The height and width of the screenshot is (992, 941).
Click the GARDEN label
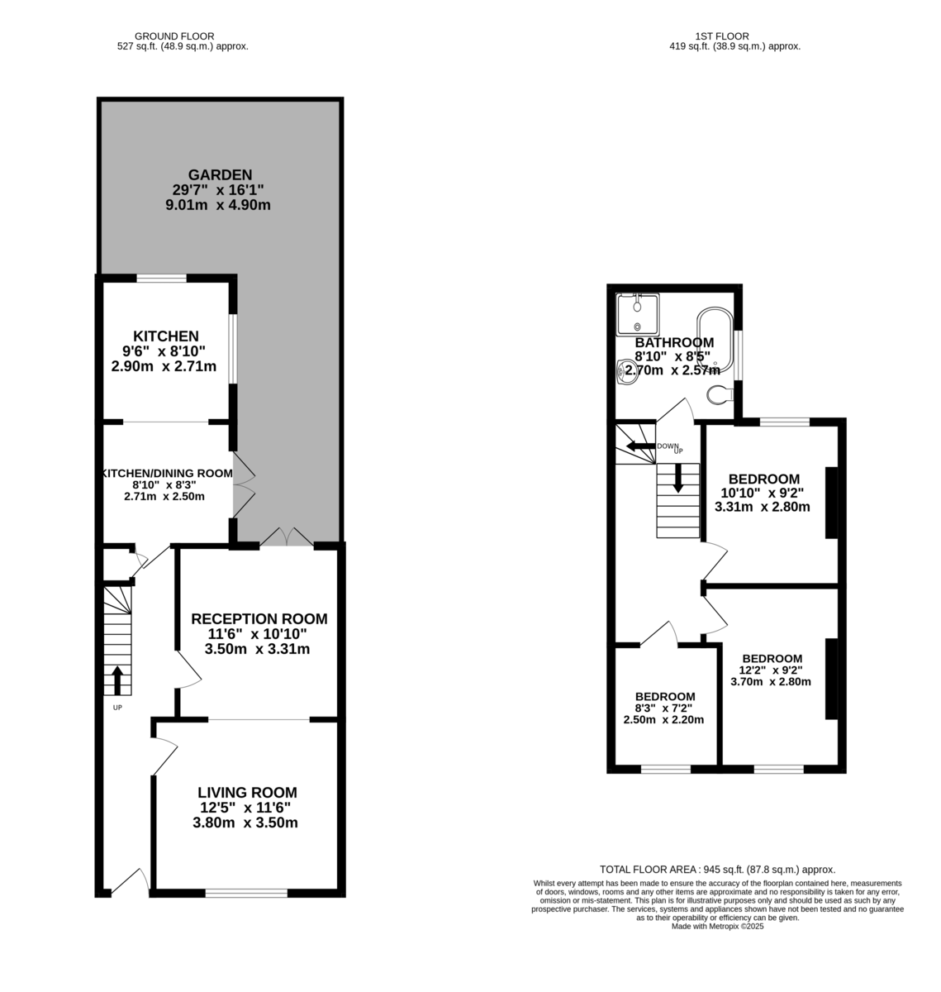[x=220, y=174]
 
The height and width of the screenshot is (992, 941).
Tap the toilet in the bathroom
[x=720, y=394]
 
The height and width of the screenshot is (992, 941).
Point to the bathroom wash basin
[x=626, y=372]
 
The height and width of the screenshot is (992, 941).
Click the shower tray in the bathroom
[x=638, y=314]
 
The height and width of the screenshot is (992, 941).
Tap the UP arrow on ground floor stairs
[x=117, y=680]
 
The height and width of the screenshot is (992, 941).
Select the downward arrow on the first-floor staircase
[x=677, y=478]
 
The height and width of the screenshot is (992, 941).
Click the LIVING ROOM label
[x=247, y=792]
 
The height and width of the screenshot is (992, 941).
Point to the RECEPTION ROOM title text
[x=259, y=618]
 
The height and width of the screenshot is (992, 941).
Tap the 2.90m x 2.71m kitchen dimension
[x=164, y=366]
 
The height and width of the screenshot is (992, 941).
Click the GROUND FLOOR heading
[x=174, y=36]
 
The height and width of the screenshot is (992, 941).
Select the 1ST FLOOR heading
[x=721, y=36]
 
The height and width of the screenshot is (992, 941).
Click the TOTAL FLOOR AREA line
[x=717, y=869]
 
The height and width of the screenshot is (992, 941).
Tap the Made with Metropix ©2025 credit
[x=718, y=926]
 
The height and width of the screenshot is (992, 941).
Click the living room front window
[x=246, y=893]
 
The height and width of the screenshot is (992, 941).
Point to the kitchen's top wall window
[x=161, y=278]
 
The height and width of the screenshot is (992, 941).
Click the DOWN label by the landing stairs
[x=668, y=446]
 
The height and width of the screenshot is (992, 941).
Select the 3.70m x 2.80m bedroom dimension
[x=771, y=682]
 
